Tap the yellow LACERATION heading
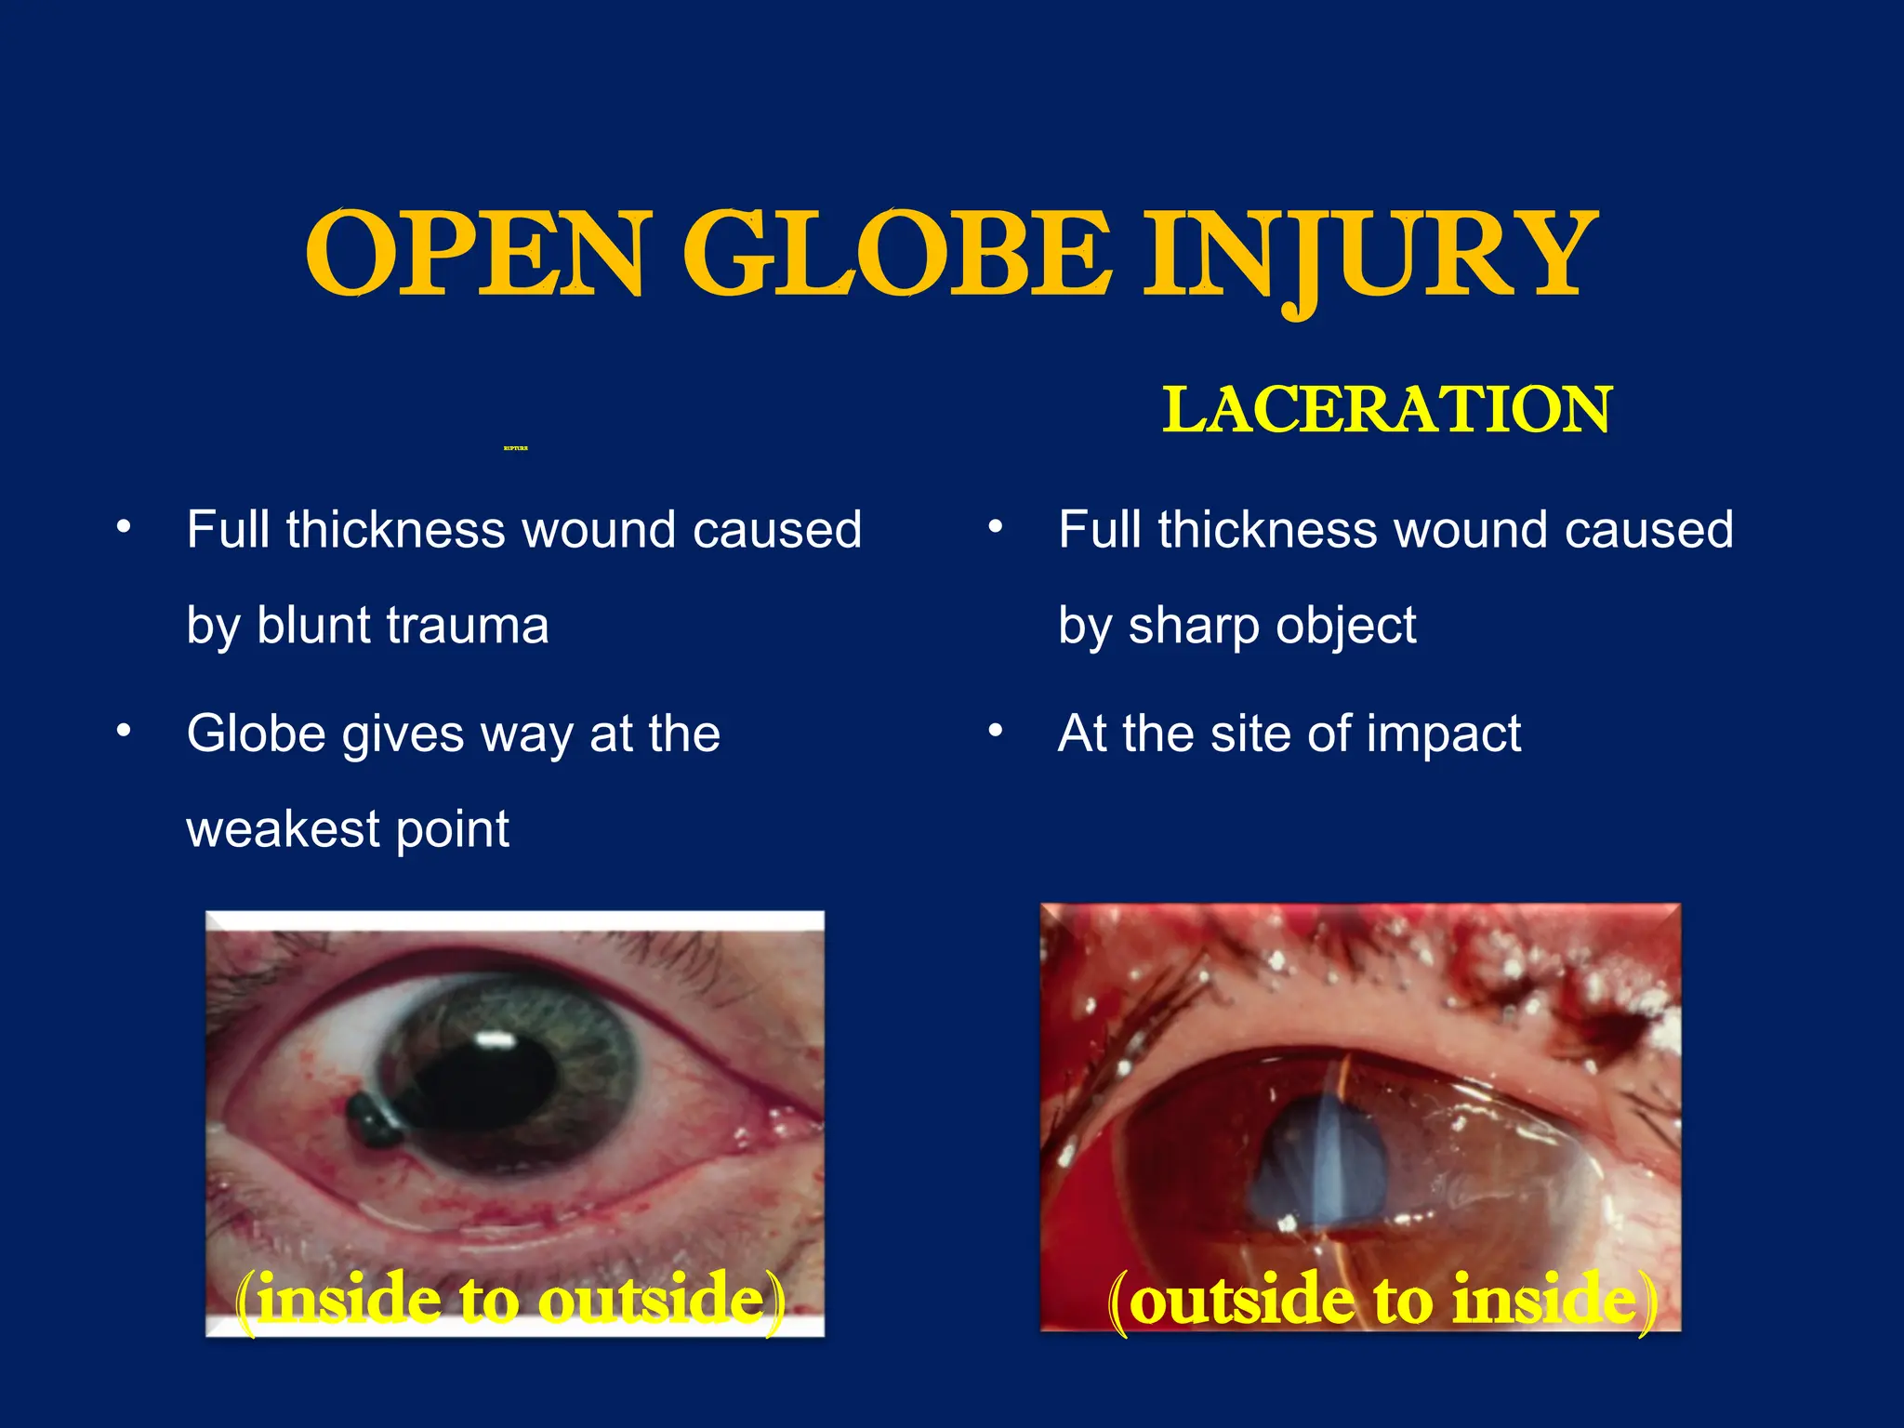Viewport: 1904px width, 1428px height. click(1386, 410)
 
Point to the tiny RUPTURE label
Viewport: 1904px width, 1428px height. click(515, 448)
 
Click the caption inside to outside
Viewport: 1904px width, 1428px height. click(510, 1301)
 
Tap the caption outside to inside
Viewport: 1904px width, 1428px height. click(1382, 1302)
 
